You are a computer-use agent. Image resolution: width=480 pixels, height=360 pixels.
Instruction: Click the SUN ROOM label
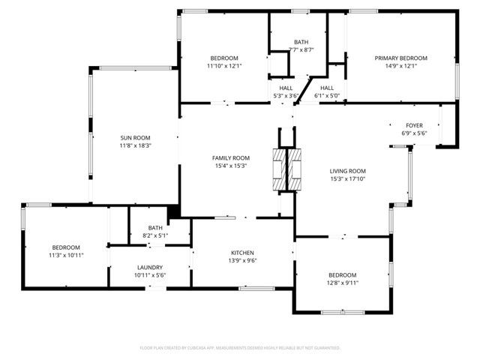(136, 137)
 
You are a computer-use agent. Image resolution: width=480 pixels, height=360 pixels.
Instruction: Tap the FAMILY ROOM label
(230, 157)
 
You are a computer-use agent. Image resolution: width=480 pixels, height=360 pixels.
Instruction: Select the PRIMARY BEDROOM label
(400, 58)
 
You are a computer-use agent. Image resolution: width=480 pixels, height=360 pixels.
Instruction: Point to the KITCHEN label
(242, 253)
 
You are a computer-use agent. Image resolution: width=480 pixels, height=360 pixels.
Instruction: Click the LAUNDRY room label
(150, 267)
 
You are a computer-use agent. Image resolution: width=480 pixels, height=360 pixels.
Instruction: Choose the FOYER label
(414, 125)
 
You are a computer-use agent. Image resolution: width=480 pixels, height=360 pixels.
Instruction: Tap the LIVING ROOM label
(347, 171)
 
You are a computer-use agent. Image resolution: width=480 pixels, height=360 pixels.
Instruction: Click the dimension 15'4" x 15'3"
(230, 166)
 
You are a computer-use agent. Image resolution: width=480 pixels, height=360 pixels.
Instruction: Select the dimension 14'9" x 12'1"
(400, 66)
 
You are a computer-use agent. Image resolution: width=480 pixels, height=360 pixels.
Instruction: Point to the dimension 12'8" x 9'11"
(341, 283)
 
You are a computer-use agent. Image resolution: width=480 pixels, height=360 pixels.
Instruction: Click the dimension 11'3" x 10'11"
(67, 256)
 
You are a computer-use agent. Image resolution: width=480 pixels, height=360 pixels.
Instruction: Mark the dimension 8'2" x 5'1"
(155, 235)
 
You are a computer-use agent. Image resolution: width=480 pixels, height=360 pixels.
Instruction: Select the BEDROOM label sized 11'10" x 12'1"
(223, 58)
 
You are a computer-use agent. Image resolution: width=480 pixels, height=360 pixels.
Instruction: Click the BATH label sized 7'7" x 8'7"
(301, 42)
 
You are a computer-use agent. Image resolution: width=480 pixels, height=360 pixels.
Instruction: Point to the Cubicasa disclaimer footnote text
(240, 348)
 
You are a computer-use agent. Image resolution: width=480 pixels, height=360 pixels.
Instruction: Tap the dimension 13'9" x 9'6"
(242, 261)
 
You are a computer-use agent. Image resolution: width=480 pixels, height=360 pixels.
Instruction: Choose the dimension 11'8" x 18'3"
(136, 145)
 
